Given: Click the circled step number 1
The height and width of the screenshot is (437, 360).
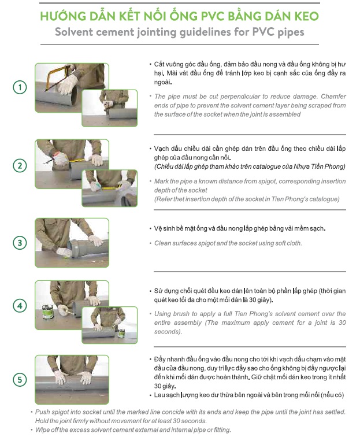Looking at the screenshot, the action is pyautogui.click(x=20, y=87).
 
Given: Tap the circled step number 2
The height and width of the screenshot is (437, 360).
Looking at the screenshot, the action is pyautogui.click(x=20, y=165).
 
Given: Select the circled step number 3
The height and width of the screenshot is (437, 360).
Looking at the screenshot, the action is pyautogui.click(x=20, y=242).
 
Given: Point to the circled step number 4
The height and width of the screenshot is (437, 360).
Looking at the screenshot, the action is pyautogui.click(x=20, y=305).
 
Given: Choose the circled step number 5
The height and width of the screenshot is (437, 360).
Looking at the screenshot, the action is pyautogui.click(x=20, y=380).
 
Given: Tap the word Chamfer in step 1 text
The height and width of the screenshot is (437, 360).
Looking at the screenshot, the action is pyautogui.click(x=333, y=97).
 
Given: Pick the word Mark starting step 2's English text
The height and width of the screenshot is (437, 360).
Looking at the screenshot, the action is pyautogui.click(x=161, y=181).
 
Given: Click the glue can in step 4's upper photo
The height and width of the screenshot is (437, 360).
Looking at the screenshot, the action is pyautogui.click(x=47, y=312).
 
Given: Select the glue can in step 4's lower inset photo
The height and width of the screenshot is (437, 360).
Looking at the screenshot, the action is pyautogui.click(x=121, y=333).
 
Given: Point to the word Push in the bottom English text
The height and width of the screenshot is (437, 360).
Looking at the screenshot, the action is pyautogui.click(x=42, y=412).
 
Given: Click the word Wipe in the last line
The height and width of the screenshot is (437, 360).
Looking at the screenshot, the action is pyautogui.click(x=42, y=429).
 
